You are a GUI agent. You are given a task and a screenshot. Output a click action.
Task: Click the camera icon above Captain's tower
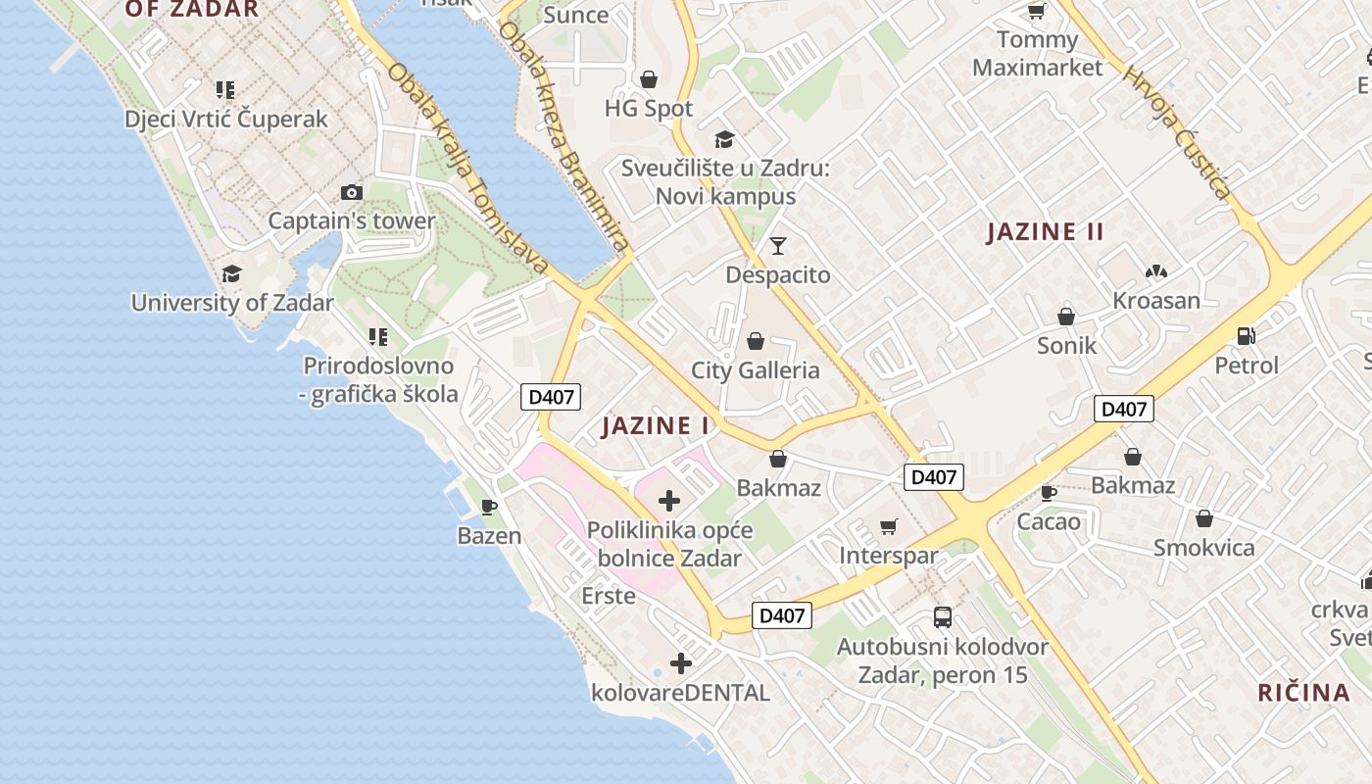(x=352, y=192)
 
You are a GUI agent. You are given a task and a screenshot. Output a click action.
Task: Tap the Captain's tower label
(x=351, y=220)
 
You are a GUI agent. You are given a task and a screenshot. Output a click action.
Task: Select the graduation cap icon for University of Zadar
(x=232, y=273)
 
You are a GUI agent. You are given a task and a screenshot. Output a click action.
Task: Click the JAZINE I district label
(x=656, y=425)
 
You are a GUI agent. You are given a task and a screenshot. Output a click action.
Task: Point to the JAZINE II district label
(x=1045, y=232)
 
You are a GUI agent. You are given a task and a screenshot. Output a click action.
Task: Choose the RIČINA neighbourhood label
(x=1303, y=693)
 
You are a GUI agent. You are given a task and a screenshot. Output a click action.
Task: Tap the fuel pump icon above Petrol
(x=1247, y=336)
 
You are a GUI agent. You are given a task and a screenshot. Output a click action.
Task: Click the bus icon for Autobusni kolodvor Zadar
(x=943, y=617)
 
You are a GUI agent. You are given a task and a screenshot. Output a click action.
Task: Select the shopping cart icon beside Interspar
(x=889, y=527)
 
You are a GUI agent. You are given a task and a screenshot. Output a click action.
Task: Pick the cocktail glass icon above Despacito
(x=778, y=245)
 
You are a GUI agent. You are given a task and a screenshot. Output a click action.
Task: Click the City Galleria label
(x=755, y=370)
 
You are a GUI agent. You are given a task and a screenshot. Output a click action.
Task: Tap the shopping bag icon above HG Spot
(x=648, y=78)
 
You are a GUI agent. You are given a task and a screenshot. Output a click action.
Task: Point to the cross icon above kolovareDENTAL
(x=681, y=663)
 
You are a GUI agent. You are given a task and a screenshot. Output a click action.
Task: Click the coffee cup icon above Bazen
(x=489, y=507)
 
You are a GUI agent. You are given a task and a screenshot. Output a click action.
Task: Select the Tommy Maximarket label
(x=1037, y=54)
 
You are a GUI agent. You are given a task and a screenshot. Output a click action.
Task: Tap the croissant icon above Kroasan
(x=1156, y=270)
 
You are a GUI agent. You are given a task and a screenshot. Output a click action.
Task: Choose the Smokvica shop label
(x=1203, y=548)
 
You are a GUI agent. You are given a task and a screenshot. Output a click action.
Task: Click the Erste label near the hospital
(x=609, y=596)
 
